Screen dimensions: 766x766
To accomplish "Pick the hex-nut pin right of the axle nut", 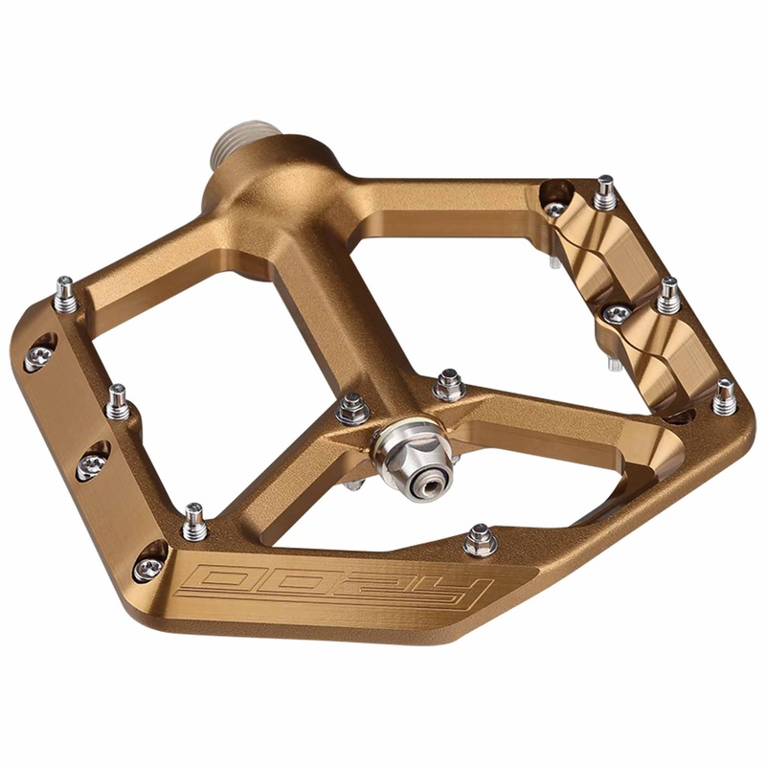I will [x=447, y=386].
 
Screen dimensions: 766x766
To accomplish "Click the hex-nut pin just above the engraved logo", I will [x=480, y=541].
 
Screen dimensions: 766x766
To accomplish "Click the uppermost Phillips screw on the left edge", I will [x=38, y=356].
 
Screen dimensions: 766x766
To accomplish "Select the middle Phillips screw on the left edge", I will [x=92, y=463].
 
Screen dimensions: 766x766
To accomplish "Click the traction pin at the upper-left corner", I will [x=65, y=293].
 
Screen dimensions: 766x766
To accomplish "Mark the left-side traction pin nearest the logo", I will [x=194, y=521].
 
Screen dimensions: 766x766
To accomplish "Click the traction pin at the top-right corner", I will [x=605, y=193].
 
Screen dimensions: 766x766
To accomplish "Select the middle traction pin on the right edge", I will [x=668, y=294].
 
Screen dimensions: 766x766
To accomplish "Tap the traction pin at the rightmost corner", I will [x=725, y=396].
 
